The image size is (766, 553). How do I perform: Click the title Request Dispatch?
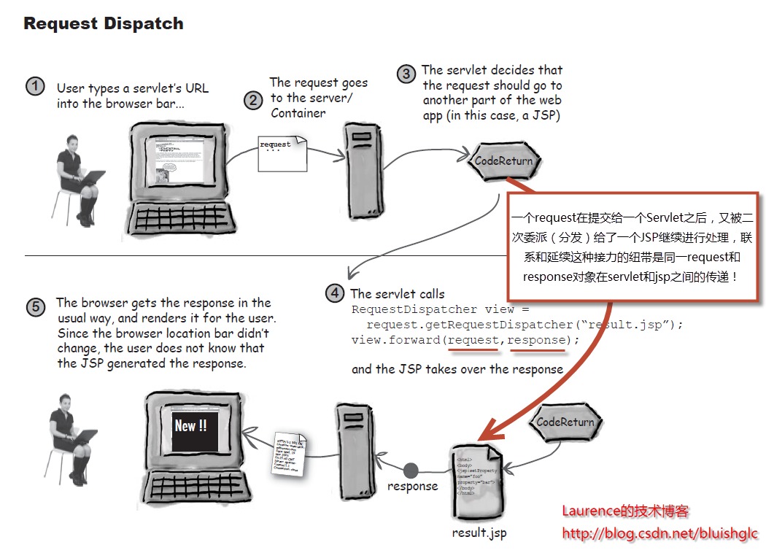pyautogui.click(x=103, y=23)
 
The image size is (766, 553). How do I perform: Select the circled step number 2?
pyautogui.click(x=253, y=100)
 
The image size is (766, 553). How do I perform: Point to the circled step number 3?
pyautogui.click(x=406, y=74)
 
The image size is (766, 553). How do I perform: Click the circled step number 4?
pyautogui.click(x=334, y=293)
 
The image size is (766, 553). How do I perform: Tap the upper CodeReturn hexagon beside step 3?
pyautogui.click(x=503, y=161)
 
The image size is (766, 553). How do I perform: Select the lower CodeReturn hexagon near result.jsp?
pyautogui.click(x=565, y=422)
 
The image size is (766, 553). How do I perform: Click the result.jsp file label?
pyautogui.click(x=479, y=533)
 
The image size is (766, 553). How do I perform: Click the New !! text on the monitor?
pyautogui.click(x=190, y=425)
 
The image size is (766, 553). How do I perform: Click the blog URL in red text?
pyautogui.click(x=659, y=534)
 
